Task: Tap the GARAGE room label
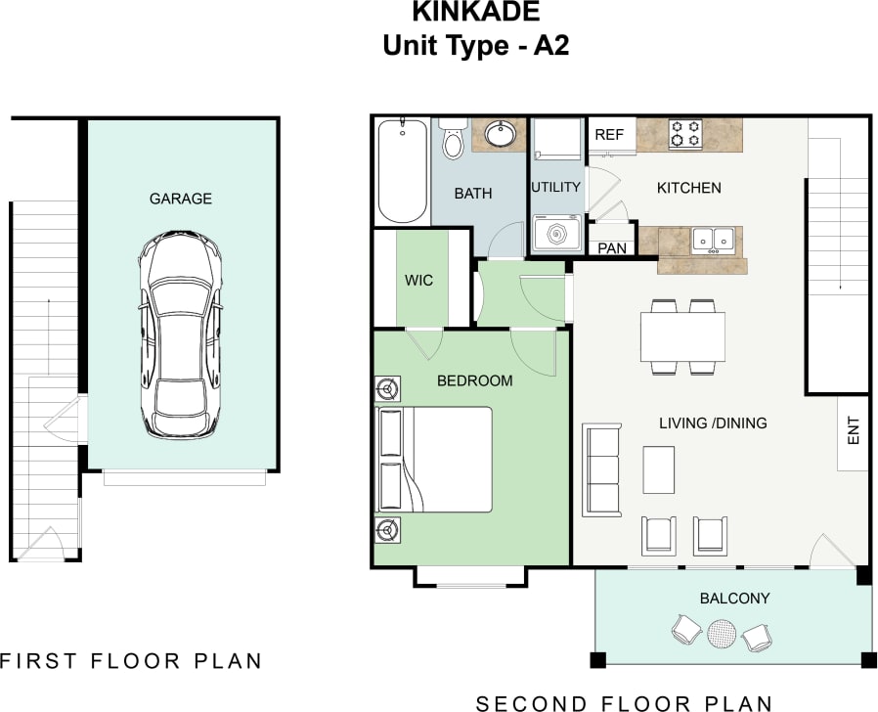coord(180,199)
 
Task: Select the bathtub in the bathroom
coord(402,171)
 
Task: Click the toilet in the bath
coord(452,141)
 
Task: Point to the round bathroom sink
coord(501,134)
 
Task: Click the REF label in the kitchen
coord(609,135)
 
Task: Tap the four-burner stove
coord(685,134)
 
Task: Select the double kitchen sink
coord(714,240)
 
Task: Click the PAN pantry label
coord(612,248)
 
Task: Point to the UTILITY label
coord(555,187)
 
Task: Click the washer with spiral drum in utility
coord(556,235)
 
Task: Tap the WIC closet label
coord(418,280)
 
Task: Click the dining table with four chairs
coord(682,336)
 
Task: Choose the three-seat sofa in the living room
coord(601,469)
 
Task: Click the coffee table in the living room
coord(658,469)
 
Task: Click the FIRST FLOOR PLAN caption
coord(132,660)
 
